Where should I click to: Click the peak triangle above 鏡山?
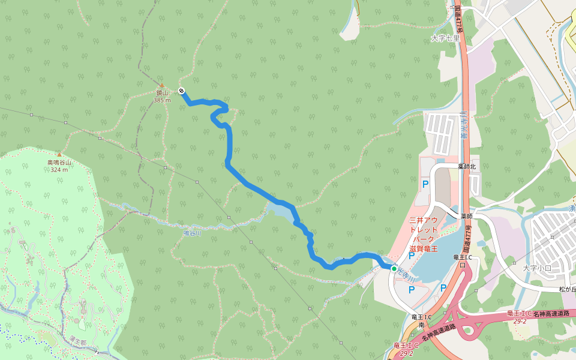(x=161, y=85)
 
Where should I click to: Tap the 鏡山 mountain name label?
(x=162, y=93)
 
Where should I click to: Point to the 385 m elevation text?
(x=162, y=100)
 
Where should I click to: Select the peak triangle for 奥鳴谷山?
(x=59, y=154)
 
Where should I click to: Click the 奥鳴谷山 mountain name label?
(x=59, y=162)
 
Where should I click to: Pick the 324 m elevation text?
(x=59, y=169)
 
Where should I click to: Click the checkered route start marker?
(x=181, y=91)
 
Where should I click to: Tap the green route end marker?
(x=394, y=268)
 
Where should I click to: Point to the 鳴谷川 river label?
(x=191, y=233)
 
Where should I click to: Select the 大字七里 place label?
(x=445, y=38)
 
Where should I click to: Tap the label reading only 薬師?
(x=467, y=216)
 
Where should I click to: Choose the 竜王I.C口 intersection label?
(x=462, y=261)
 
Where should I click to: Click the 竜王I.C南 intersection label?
(x=422, y=320)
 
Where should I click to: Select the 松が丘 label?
(x=567, y=289)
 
